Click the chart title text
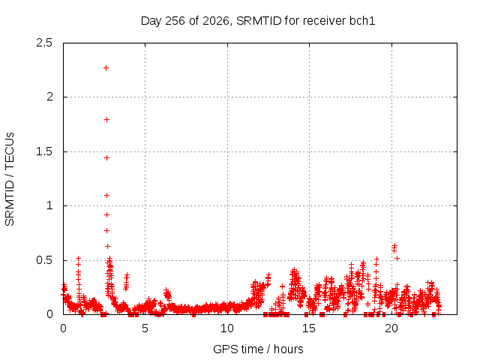(x=258, y=21)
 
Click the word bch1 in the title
(x=362, y=21)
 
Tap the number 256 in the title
(x=175, y=21)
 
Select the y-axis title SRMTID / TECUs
(x=10, y=179)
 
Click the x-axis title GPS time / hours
(x=258, y=349)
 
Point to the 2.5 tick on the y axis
(x=44, y=43)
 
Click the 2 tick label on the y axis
(x=49, y=97)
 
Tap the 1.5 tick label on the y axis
(x=44, y=151)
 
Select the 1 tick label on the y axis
(x=50, y=205)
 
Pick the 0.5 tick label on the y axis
(x=44, y=260)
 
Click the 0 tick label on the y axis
(x=49, y=314)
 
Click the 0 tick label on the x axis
(x=63, y=328)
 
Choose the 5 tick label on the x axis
(x=145, y=328)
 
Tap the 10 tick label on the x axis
(x=227, y=328)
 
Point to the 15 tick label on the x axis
(x=309, y=328)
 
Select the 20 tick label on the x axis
(x=391, y=328)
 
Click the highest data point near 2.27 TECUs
(x=106, y=68)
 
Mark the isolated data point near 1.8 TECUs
(x=106, y=120)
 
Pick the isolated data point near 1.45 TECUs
(x=106, y=158)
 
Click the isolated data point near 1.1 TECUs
(x=106, y=195)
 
